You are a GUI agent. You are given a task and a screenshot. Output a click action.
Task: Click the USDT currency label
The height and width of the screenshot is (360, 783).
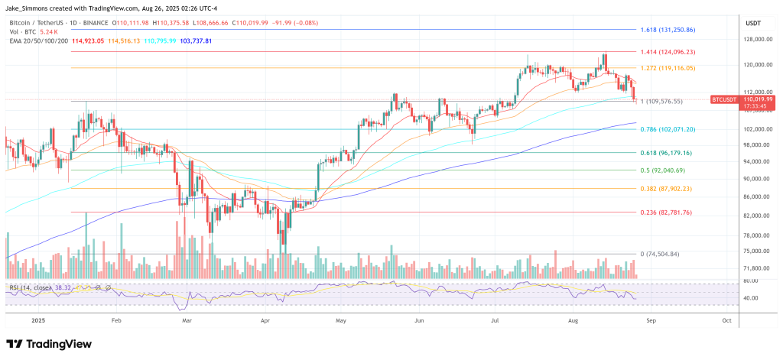753,22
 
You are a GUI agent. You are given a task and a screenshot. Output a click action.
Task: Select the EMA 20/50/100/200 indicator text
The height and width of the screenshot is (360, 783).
37,41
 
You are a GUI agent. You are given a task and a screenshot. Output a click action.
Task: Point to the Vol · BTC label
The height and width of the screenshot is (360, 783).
23,32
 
